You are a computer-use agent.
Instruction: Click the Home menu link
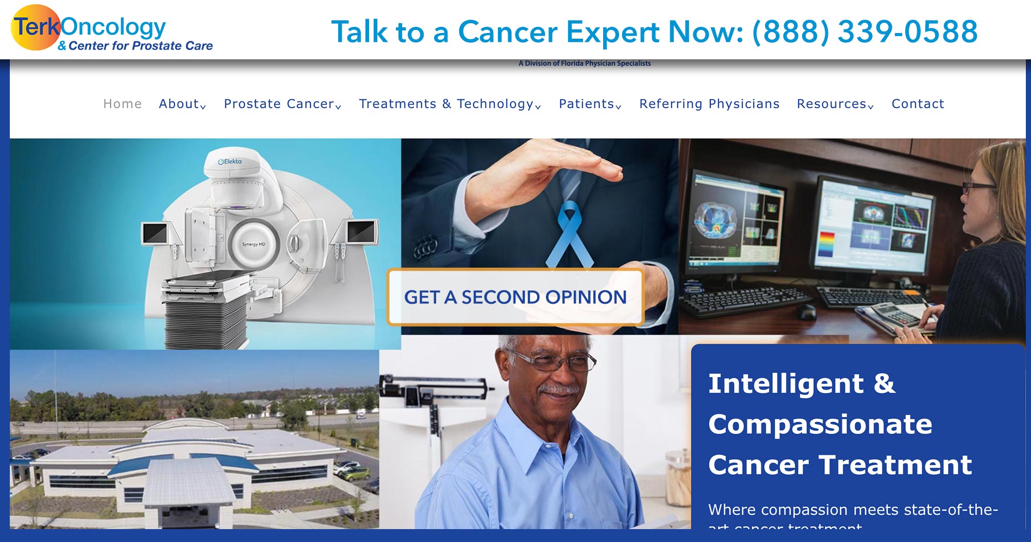point(122,104)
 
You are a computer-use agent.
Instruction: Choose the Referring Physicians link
point(709,104)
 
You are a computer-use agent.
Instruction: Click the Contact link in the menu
point(918,104)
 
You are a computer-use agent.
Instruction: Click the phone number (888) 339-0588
point(864,31)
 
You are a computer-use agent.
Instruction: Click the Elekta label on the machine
point(230,161)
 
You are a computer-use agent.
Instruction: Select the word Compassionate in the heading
point(820,424)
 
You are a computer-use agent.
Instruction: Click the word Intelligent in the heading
point(785,384)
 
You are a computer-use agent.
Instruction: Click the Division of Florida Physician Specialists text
point(585,63)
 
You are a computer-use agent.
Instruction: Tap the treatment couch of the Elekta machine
point(206,281)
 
